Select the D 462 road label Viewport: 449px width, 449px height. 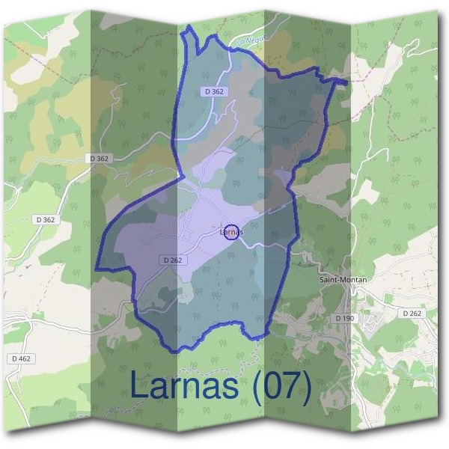pyautogui.click(x=21, y=359)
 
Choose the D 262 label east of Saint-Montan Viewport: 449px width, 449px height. pyautogui.click(x=412, y=313)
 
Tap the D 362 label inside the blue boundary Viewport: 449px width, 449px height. pyautogui.click(x=214, y=91)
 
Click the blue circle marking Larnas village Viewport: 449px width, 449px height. pyautogui.click(x=232, y=232)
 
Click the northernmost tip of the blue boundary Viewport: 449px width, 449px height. pyautogui.click(x=189, y=26)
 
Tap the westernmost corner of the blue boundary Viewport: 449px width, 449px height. pyautogui.click(x=97, y=268)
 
